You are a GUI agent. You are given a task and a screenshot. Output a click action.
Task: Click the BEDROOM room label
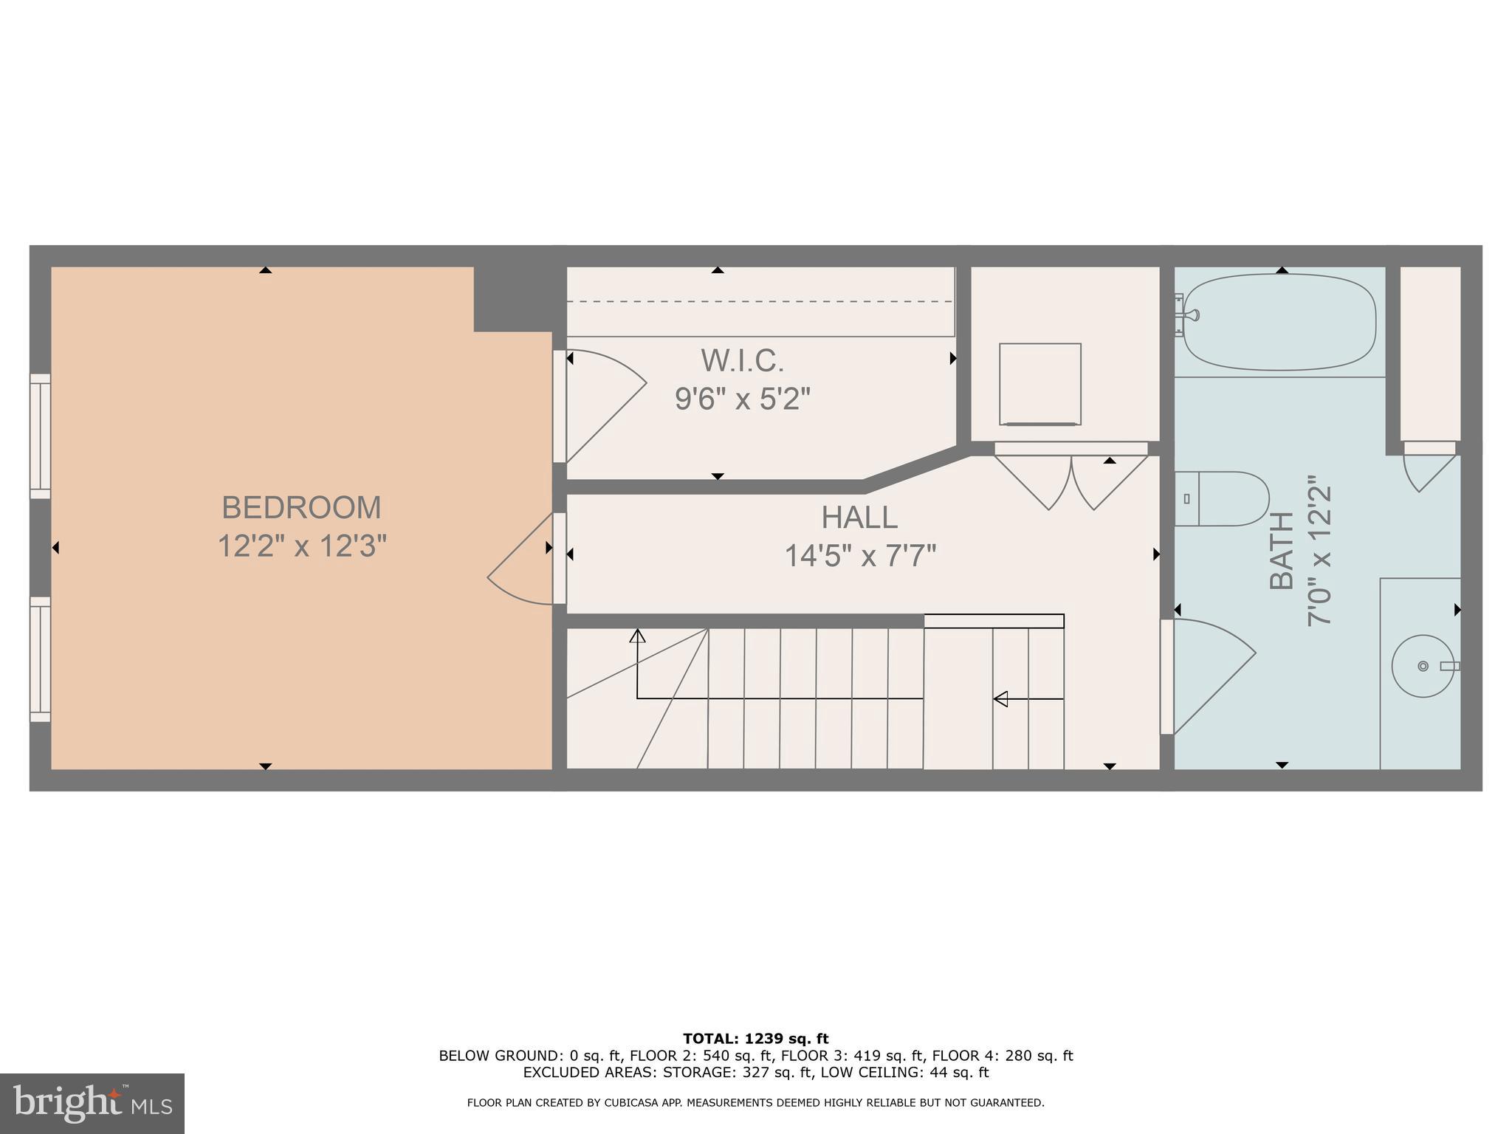point(301,508)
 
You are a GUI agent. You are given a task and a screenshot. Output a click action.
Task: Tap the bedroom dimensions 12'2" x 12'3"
point(301,547)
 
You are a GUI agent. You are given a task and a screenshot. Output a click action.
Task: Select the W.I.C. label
point(742,361)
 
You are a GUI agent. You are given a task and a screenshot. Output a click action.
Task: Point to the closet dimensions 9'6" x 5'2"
point(742,399)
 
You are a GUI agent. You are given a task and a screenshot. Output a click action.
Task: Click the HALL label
point(859,518)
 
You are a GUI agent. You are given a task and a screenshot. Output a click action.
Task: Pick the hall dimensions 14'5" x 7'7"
point(859,556)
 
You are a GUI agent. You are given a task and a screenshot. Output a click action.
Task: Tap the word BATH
point(1282,550)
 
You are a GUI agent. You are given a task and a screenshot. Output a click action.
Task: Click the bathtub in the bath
point(1279,322)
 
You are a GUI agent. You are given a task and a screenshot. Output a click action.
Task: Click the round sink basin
point(1422,666)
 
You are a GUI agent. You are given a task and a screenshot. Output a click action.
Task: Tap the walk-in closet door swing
point(602,402)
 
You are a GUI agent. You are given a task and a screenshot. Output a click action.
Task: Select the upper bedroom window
point(40,436)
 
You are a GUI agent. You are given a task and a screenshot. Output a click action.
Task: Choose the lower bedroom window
point(40,659)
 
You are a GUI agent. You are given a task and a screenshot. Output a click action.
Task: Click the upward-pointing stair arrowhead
point(637,635)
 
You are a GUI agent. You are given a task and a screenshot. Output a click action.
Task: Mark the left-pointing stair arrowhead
point(1000,698)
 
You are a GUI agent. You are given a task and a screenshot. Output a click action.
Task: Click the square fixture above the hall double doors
point(1039,384)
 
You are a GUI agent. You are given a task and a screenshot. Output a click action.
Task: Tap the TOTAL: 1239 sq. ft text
point(755,1039)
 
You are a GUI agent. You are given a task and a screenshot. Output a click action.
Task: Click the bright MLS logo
point(92,1103)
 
